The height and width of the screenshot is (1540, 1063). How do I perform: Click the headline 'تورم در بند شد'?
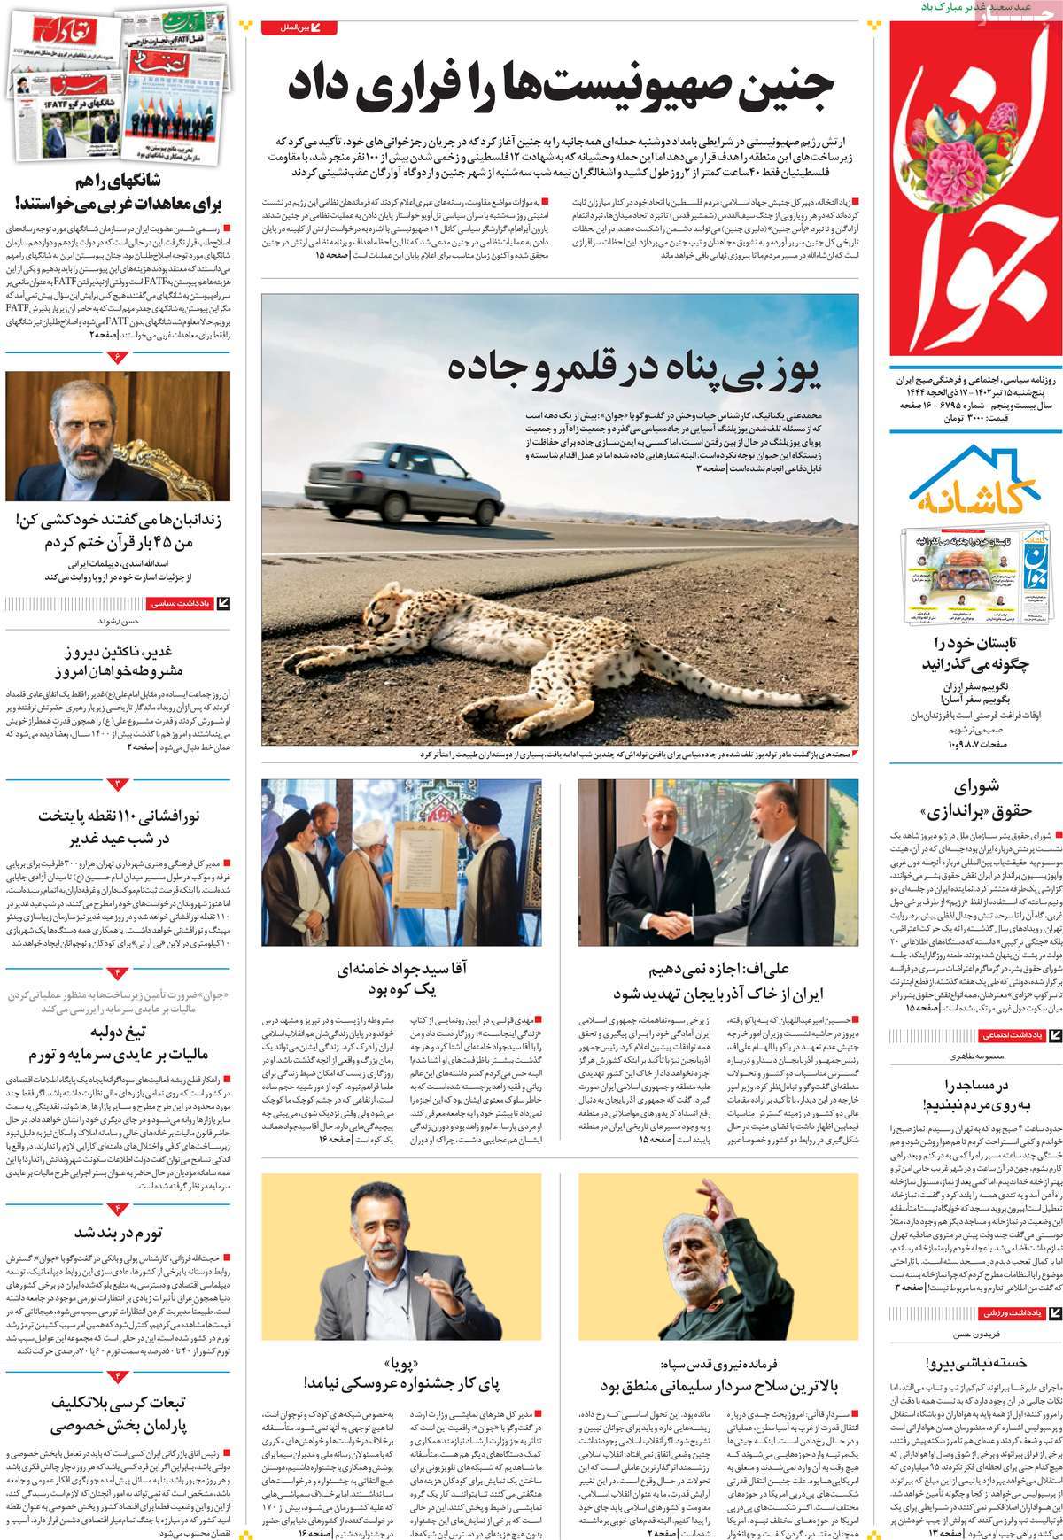[x=119, y=1234]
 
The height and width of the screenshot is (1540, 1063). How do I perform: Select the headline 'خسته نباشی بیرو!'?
[x=975, y=1363]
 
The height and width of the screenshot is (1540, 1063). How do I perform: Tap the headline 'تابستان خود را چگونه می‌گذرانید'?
[x=975, y=654]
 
